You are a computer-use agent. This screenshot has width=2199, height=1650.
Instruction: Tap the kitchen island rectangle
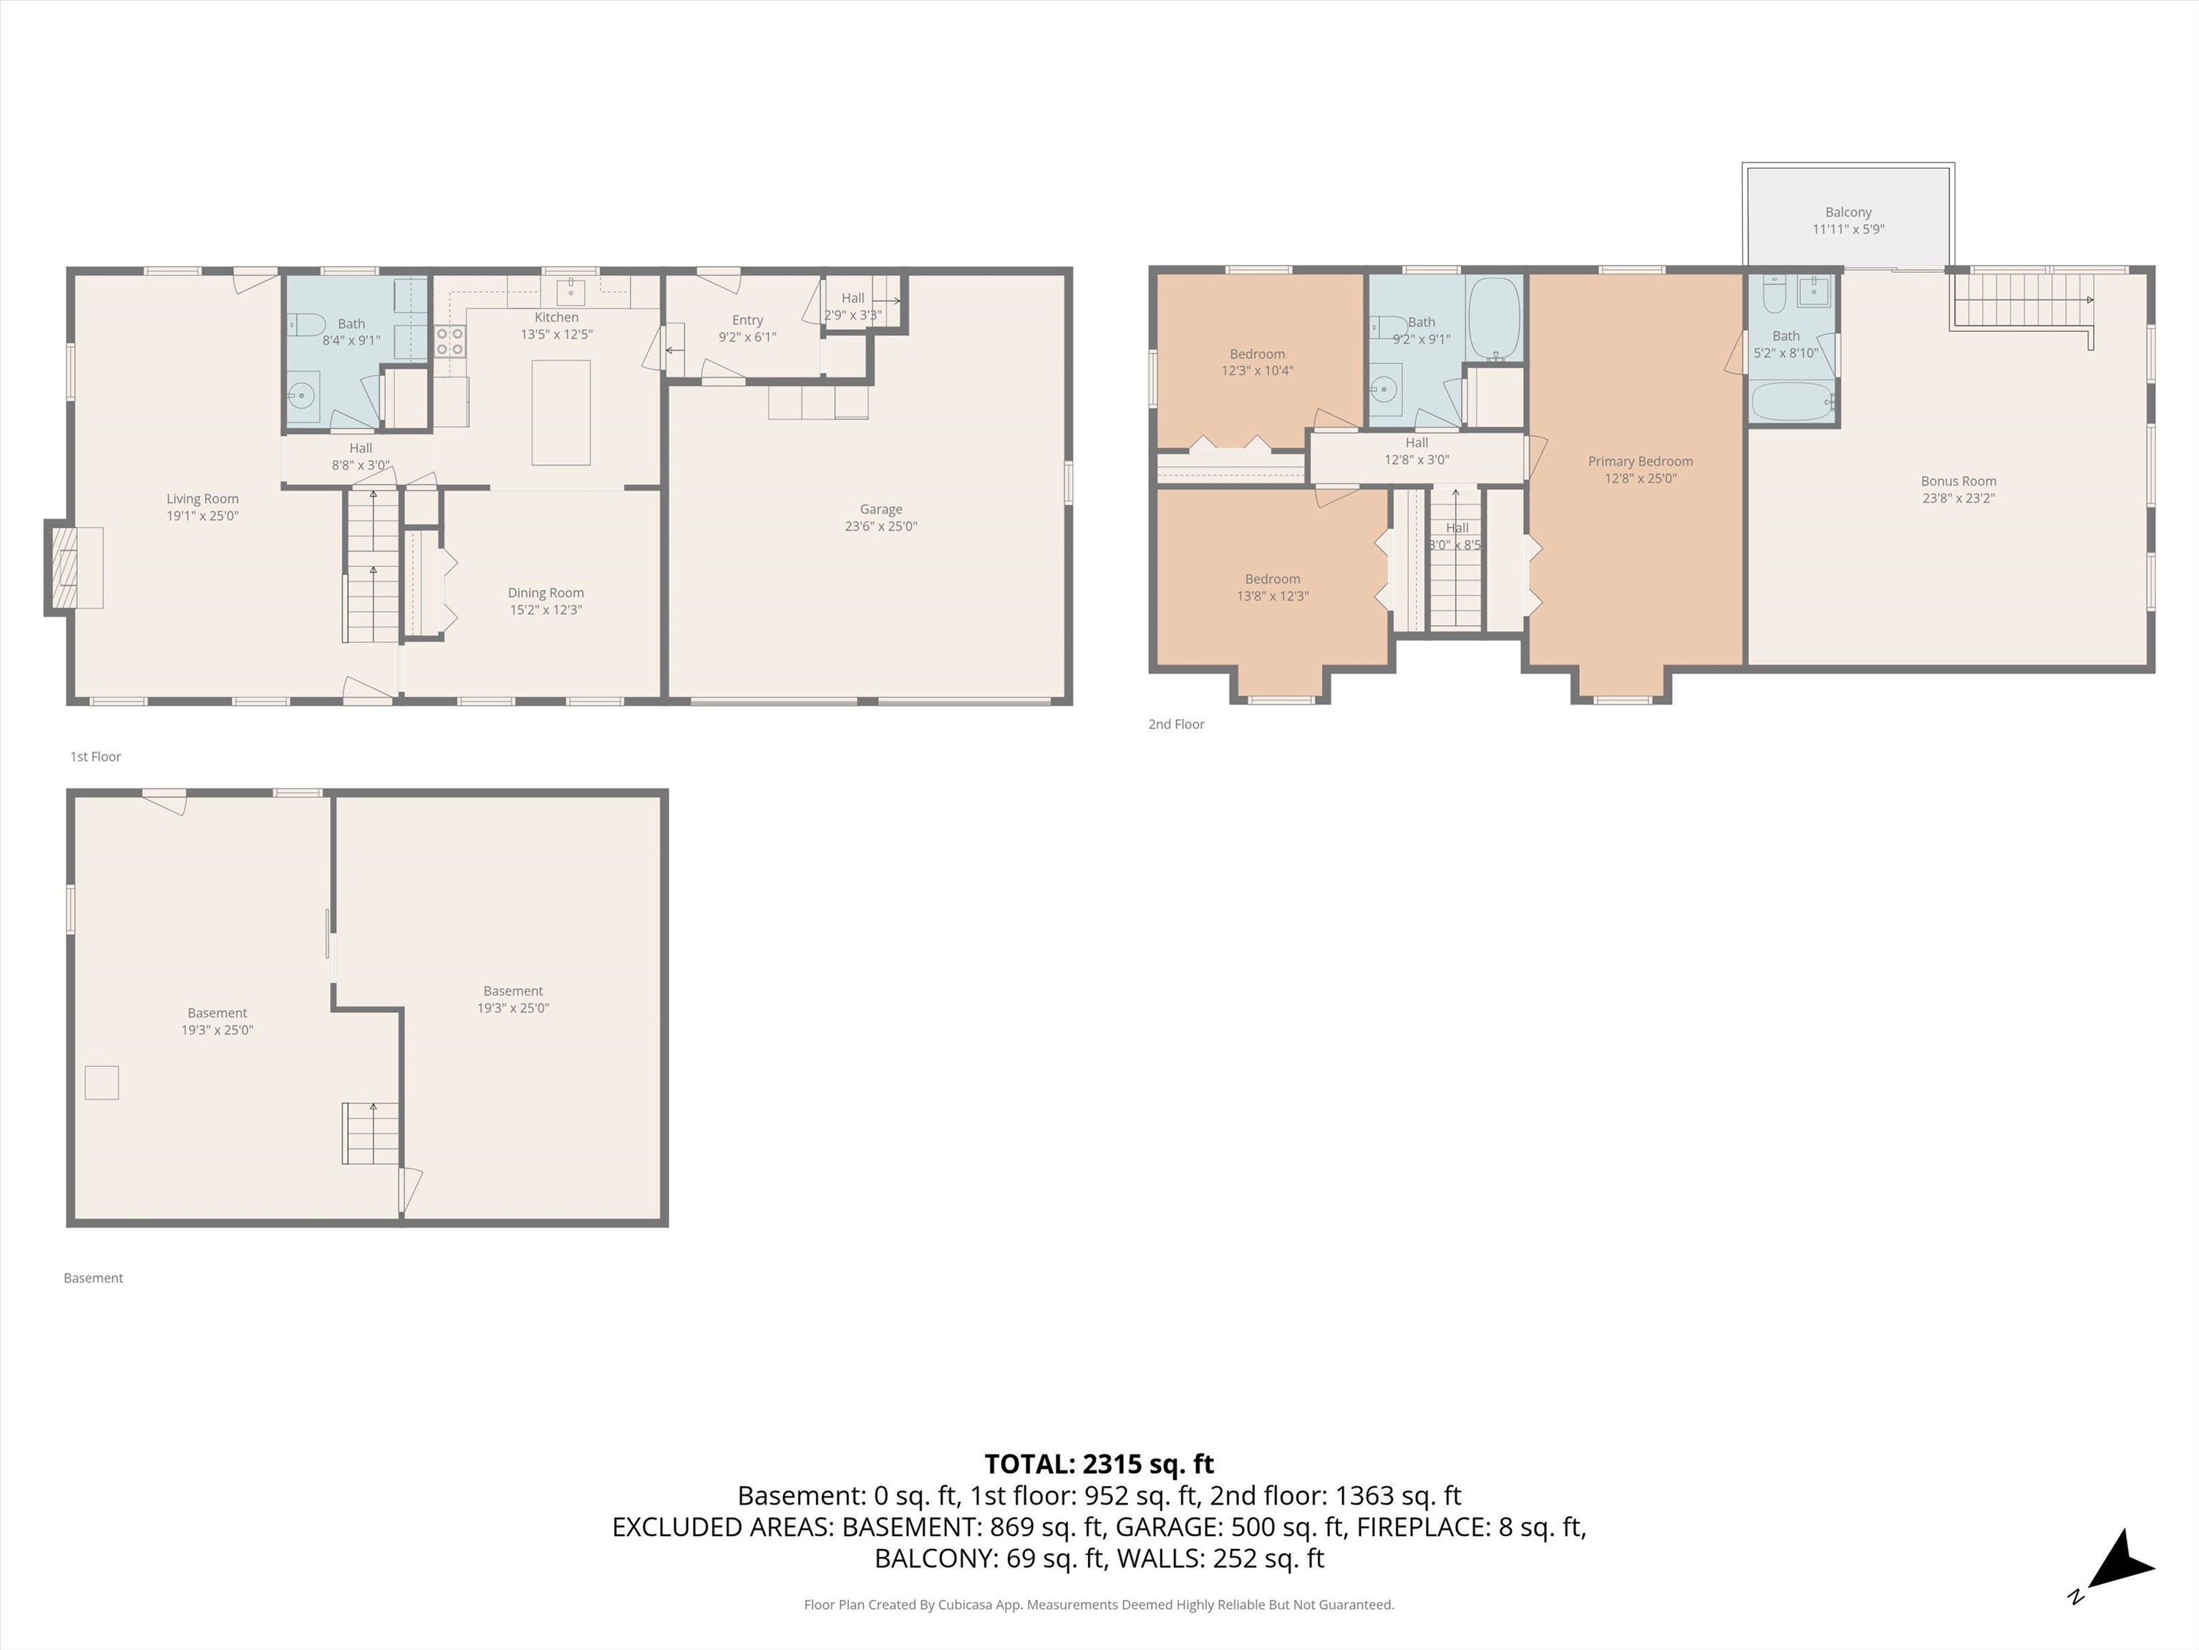pyautogui.click(x=560, y=412)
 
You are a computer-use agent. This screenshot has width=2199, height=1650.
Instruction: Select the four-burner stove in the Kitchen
pyautogui.click(x=450, y=341)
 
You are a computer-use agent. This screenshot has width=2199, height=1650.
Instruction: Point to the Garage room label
pyautogui.click(x=880, y=509)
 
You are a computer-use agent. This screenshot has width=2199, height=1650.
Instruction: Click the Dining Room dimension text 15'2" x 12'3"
pyautogui.click(x=545, y=609)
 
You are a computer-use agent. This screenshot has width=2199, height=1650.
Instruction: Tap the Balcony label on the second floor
pyautogui.click(x=1848, y=212)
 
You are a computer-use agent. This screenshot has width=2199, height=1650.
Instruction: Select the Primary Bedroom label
pyautogui.click(x=1641, y=461)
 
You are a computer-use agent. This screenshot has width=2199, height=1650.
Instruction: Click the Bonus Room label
pyautogui.click(x=1958, y=481)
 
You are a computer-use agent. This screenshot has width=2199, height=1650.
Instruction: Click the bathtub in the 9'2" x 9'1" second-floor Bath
pyautogui.click(x=1494, y=318)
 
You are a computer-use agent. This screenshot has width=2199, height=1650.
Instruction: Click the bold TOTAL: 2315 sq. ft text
pyautogui.click(x=1099, y=1464)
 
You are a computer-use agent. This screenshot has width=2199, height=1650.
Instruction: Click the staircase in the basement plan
pyautogui.click(x=371, y=1133)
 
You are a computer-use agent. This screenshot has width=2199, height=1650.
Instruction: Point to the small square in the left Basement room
pyautogui.click(x=102, y=1082)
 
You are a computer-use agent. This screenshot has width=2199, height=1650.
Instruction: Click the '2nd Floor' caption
pyautogui.click(x=1176, y=724)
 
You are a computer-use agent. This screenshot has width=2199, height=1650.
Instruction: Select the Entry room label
pyautogui.click(x=747, y=320)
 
